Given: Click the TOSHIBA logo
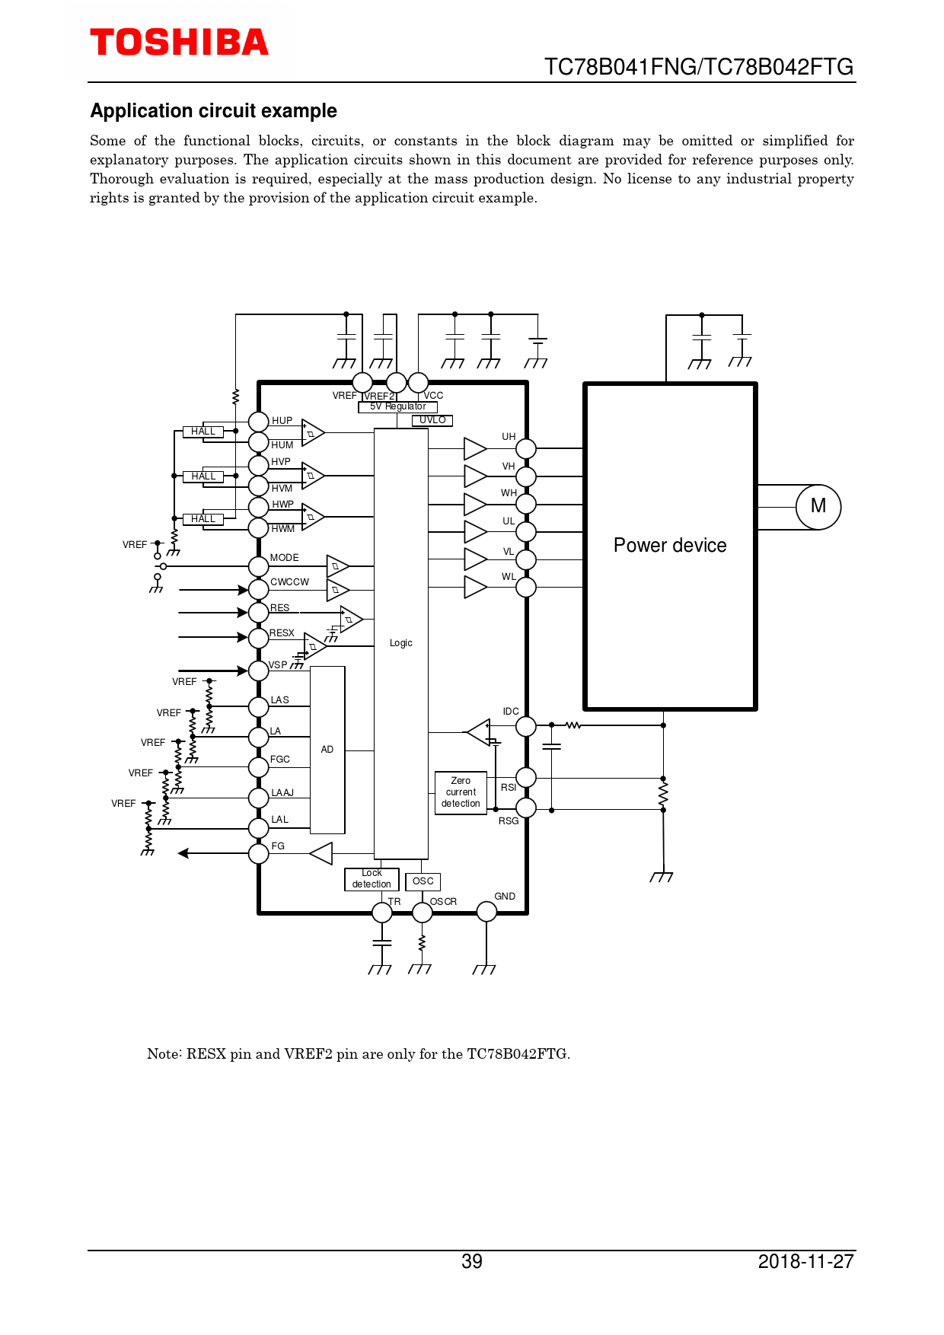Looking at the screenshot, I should click(x=179, y=43).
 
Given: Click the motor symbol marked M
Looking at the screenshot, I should click(x=818, y=507).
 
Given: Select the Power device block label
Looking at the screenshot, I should click(x=670, y=546).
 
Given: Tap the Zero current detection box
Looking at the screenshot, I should click(x=461, y=792).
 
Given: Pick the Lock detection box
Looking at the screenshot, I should click(x=372, y=879).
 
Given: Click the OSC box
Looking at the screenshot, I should click(x=423, y=881).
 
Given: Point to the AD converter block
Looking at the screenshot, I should click(x=327, y=750).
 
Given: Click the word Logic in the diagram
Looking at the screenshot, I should click(x=401, y=643).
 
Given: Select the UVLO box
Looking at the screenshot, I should click(x=432, y=420).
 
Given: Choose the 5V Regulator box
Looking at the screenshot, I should click(x=397, y=407).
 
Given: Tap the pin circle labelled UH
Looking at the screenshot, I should click(x=526, y=449).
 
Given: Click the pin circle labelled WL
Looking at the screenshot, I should click(x=526, y=588).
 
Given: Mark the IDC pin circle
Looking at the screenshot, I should click(x=526, y=726).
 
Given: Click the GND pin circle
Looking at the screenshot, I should click(x=486, y=911).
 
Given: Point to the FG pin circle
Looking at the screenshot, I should click(x=259, y=853).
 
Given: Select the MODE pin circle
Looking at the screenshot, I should click(x=259, y=566).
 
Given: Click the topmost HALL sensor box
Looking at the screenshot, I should click(x=203, y=432).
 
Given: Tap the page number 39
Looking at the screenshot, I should click(x=472, y=1262).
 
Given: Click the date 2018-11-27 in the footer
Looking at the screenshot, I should click(x=805, y=1262).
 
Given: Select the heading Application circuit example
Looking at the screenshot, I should click(x=214, y=111).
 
